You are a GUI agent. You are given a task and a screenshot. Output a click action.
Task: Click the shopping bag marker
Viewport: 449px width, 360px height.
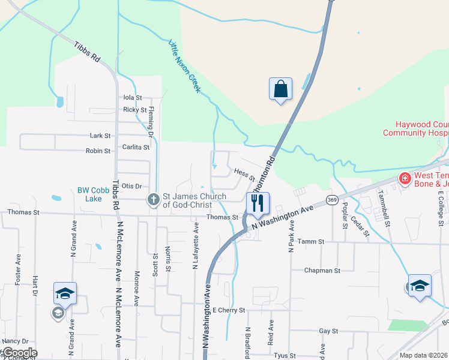coord(280,89)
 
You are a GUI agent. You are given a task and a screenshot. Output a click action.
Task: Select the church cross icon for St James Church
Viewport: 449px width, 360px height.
coord(153,200)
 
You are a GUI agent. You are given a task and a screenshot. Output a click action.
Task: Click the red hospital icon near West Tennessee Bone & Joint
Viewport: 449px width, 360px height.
coord(405,178)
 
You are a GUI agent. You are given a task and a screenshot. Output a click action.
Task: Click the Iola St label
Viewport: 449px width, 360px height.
coord(132,97)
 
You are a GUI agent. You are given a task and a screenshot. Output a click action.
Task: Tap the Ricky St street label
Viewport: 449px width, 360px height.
coord(134,110)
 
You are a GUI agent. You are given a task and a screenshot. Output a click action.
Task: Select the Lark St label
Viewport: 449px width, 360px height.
coord(100,136)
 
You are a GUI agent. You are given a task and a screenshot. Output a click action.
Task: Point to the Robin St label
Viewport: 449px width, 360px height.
coord(98,151)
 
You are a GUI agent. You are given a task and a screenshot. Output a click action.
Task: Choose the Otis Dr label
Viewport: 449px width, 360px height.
coord(131,187)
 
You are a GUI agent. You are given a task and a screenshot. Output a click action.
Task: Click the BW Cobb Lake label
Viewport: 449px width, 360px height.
coord(94,194)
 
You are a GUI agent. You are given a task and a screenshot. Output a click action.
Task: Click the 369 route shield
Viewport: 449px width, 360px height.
coord(332,199)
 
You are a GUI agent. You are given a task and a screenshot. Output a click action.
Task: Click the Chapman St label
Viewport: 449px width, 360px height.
coord(322,271)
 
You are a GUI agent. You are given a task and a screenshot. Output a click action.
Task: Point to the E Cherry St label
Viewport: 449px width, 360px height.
coord(229,310)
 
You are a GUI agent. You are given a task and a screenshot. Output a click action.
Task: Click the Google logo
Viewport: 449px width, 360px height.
coord(19,353)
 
